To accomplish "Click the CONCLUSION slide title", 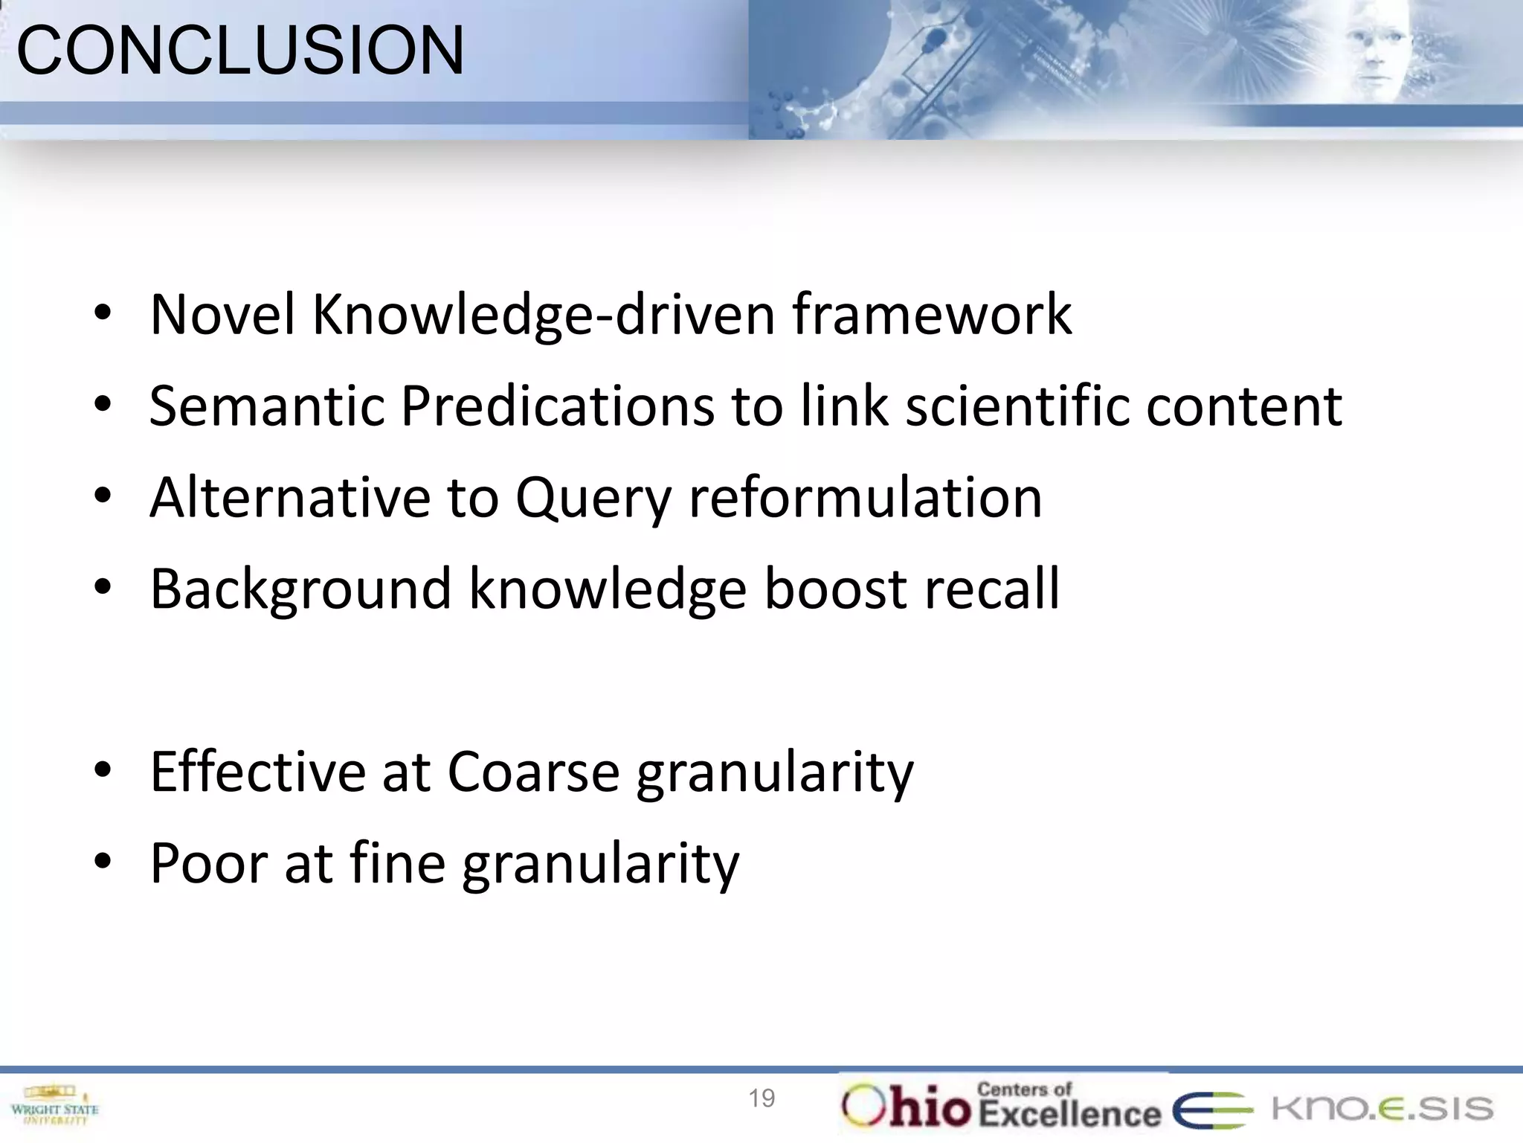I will click(240, 51).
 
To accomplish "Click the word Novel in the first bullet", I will click(223, 315).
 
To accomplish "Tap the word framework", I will click(931, 315).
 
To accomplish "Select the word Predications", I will click(557, 406).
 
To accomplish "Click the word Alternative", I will click(290, 497).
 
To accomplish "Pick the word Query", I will click(593, 499).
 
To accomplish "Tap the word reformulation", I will click(865, 497).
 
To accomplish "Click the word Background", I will click(300, 589).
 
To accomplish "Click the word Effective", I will click(257, 772).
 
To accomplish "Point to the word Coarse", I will click(533, 772).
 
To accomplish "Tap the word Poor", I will click(208, 863).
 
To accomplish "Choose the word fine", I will click(397, 863).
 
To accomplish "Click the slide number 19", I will click(761, 1098).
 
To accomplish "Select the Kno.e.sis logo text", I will click(1382, 1108).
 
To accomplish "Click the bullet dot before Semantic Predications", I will click(103, 405).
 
